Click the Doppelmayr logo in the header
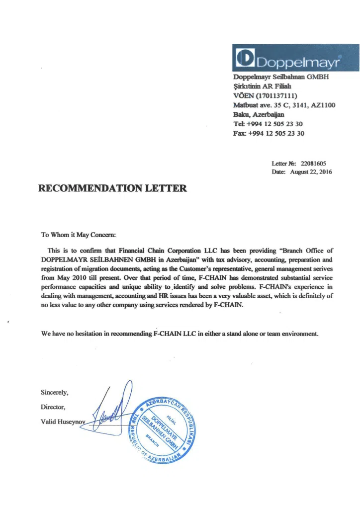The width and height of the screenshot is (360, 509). (x=295, y=58)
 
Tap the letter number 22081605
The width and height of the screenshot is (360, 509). (x=313, y=163)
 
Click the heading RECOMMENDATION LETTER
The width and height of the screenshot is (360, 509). (x=113, y=188)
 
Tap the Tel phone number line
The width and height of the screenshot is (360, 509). (x=268, y=124)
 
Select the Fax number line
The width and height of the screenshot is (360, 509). (x=269, y=133)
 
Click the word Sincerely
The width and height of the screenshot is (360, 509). (x=55, y=393)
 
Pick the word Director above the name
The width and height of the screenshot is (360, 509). (x=53, y=407)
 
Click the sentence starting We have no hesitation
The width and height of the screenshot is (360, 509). (x=179, y=334)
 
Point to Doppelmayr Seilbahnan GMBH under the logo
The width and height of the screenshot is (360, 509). (x=281, y=77)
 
